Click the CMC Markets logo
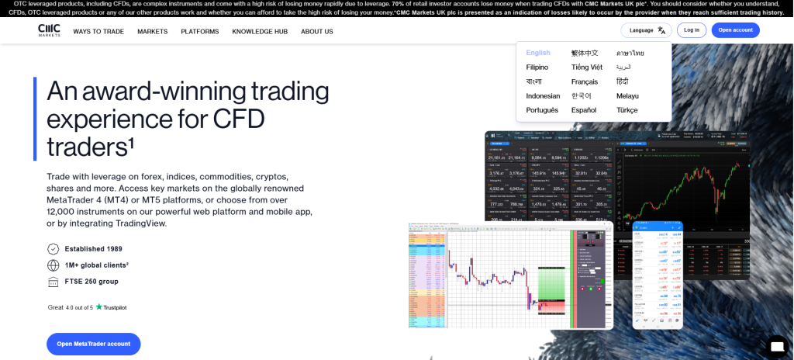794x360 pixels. pos(49,30)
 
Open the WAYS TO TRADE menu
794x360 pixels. pos(98,32)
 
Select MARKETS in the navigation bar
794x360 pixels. pos(153,32)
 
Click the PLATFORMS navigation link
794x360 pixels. pos(200,32)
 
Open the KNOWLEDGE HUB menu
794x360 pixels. pos(260,32)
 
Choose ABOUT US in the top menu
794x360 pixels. pos(317,32)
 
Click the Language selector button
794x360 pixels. pos(646,30)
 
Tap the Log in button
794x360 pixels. pos(691,30)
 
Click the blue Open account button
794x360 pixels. pos(735,30)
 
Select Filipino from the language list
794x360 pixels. pos(537,67)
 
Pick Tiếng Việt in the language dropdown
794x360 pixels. pos(587,67)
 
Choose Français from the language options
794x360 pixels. pos(585,81)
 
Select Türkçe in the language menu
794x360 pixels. pos(627,110)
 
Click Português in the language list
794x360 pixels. pos(542,110)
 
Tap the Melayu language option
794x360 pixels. pos(628,96)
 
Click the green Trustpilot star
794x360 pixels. pos(98,307)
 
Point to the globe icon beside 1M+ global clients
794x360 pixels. pos(54,265)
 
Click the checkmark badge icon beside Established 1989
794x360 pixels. pos(54,249)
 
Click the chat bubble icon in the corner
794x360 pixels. pos(776,345)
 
